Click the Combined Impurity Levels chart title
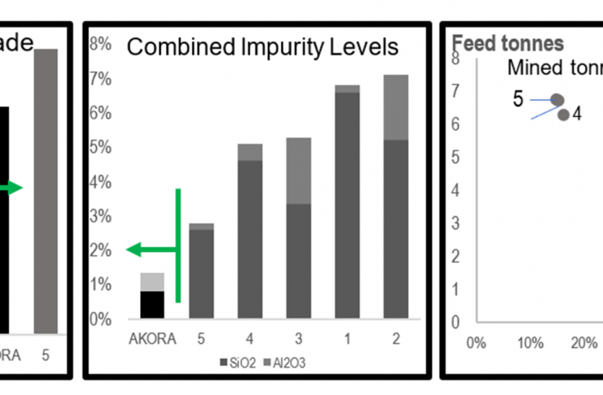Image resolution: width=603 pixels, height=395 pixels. tap(263, 47)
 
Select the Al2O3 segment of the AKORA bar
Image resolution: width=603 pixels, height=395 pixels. tap(152, 281)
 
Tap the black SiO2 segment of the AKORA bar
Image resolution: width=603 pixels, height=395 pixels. tap(152, 305)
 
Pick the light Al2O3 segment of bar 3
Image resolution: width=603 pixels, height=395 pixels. tap(299, 171)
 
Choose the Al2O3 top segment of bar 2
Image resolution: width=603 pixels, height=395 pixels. tap(396, 107)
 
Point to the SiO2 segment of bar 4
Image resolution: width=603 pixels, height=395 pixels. tap(250, 240)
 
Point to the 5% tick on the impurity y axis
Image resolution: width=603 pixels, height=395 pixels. tap(100, 148)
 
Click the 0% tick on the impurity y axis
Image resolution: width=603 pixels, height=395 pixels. tap(100, 319)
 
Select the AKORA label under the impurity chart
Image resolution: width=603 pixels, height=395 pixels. tap(152, 339)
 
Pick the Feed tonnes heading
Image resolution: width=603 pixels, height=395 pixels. tap(496, 43)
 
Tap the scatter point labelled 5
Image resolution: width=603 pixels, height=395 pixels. tap(557, 99)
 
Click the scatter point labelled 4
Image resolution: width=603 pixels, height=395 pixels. tap(563, 115)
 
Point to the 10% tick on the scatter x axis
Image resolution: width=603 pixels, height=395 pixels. tap(530, 341)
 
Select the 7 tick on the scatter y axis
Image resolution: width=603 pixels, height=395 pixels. tap(457, 92)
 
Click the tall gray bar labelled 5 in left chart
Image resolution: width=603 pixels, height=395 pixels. tap(46, 191)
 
